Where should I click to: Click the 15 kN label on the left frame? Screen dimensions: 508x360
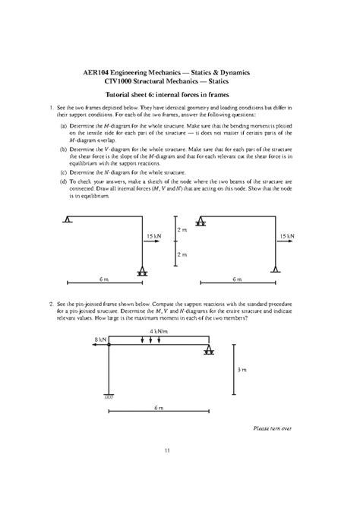point(153,237)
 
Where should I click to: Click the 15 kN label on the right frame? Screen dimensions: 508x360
point(286,237)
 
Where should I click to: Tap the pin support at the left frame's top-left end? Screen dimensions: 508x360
point(68,220)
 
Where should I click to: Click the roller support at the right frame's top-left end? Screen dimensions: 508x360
point(201,222)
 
